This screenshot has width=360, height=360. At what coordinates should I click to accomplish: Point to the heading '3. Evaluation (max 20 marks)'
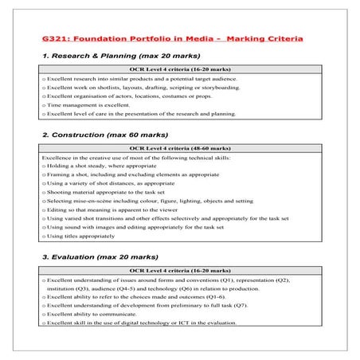(93, 257)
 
